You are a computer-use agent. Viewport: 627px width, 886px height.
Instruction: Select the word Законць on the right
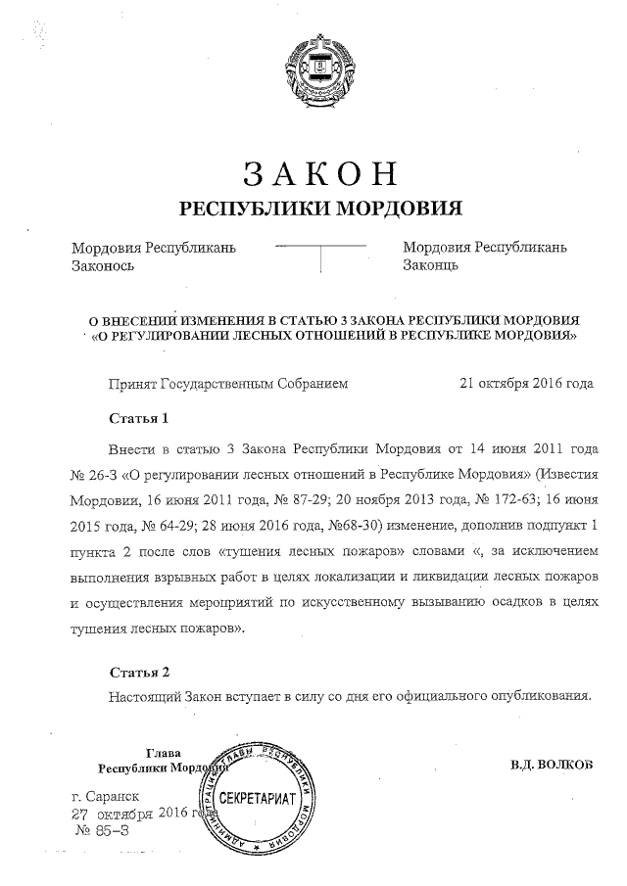pyautogui.click(x=431, y=265)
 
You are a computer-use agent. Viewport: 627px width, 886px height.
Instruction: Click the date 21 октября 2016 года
pyautogui.click(x=525, y=384)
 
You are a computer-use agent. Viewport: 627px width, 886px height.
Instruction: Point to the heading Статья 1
pyautogui.click(x=139, y=418)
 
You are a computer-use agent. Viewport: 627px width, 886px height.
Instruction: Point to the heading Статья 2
pyautogui.click(x=139, y=673)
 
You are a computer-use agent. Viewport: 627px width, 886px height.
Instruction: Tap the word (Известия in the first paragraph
pyautogui.click(x=562, y=475)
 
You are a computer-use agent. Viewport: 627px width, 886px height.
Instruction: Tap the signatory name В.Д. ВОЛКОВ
pyautogui.click(x=552, y=763)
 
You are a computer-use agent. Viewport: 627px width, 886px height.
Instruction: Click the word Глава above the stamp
pyautogui.click(x=162, y=753)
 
